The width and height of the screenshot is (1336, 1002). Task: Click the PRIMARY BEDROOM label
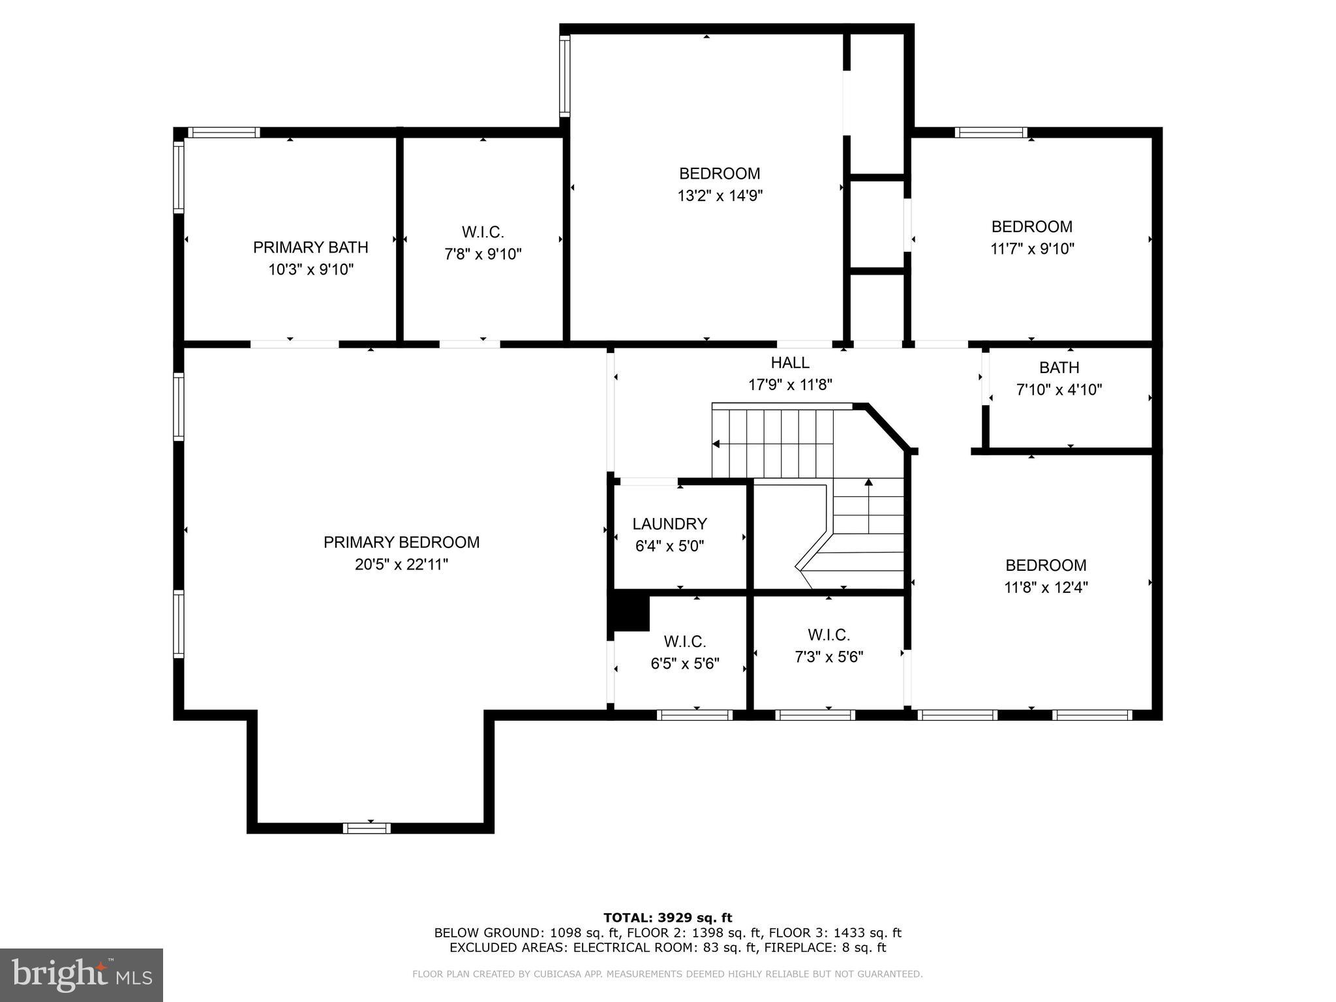401,542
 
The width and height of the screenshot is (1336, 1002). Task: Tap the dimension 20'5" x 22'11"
401,564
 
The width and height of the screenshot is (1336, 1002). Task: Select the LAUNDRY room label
669,524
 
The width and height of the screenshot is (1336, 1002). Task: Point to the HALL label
790,363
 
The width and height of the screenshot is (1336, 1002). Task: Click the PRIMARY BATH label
311,247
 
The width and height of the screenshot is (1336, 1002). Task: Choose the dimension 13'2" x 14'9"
720,196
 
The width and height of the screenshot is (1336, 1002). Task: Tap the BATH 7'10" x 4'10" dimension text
1059,390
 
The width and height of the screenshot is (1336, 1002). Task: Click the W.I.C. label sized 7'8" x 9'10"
483,232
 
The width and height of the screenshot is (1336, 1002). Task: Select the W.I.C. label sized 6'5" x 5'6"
685,642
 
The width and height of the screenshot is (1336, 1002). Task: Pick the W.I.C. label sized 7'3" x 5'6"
828,635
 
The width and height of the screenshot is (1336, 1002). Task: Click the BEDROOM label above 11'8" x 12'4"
1046,565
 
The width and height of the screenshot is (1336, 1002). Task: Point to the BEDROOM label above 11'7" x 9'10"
1031,226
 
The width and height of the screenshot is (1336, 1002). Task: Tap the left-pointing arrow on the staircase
716,444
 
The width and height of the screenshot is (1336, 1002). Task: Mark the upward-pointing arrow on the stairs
868,483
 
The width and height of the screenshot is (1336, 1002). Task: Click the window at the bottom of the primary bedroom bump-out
367,828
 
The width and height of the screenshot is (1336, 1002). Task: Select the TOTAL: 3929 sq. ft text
667,918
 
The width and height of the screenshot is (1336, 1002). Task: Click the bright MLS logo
82,975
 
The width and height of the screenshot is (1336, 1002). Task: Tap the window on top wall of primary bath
224,132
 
